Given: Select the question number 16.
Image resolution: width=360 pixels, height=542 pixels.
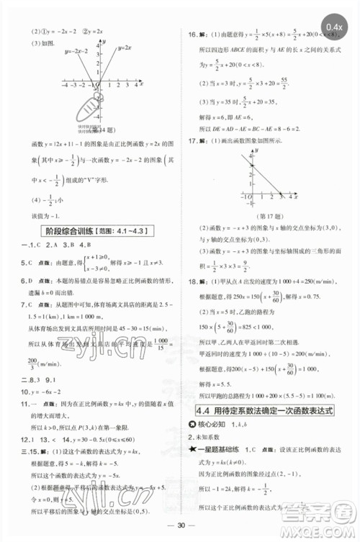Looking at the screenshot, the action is pyautogui.click(x=194, y=33).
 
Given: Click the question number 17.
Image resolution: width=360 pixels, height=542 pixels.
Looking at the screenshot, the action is pyautogui.click(x=194, y=141).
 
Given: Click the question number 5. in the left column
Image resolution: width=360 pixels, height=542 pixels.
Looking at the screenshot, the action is pyautogui.click(x=24, y=263).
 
